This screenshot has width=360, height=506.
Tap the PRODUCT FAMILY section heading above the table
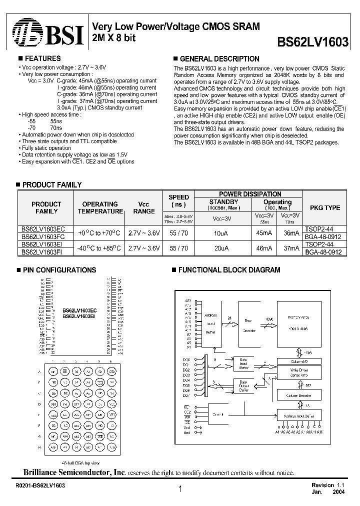coord(52,185)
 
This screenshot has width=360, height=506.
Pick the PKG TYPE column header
coord(325,207)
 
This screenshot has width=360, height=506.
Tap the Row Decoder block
coord(250,327)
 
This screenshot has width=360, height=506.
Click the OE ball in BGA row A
coord(64,371)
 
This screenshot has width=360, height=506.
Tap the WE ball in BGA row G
coord(100,436)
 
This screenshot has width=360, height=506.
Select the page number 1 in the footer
coord(180,490)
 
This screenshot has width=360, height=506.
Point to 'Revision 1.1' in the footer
coord(329,485)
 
